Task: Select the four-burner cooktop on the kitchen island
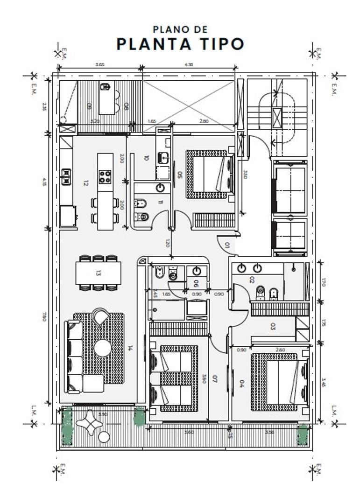[x=106, y=176]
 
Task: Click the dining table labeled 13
[x=98, y=273]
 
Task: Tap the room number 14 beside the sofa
[x=130, y=348]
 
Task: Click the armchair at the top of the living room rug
[x=100, y=317]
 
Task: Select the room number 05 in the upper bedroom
[x=179, y=175]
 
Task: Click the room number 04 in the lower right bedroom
[x=242, y=384]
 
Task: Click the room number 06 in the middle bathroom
[x=196, y=283]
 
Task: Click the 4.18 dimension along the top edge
[x=188, y=65]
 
